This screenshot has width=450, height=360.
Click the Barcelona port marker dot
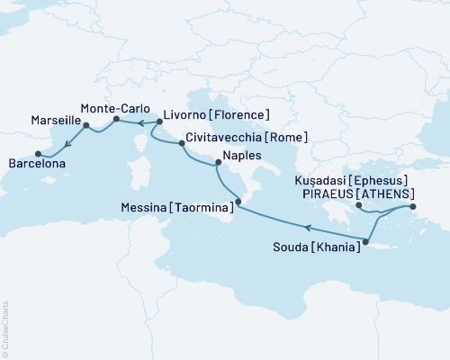[x=37, y=153]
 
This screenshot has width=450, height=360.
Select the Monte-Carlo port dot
[x=116, y=118]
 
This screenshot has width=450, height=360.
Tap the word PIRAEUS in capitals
[x=331, y=193]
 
